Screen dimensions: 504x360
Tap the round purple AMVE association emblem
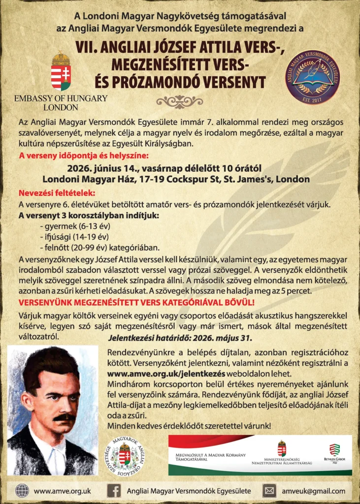(312, 76)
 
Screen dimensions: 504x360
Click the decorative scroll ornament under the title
(179, 101)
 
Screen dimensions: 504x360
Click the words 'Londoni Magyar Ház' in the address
(78, 180)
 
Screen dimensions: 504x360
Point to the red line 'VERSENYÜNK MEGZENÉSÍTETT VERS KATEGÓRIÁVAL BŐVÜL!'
(136, 302)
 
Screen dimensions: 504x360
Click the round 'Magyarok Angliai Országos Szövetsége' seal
(125, 455)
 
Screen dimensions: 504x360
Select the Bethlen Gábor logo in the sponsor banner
(334, 452)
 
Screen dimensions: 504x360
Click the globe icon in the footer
(22, 491)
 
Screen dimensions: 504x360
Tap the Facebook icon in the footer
(114, 491)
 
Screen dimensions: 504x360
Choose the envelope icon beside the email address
(269, 491)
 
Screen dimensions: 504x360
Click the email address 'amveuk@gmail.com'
(314, 491)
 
